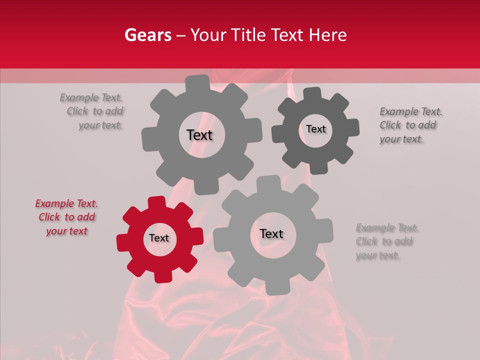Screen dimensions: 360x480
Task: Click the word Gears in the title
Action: click(147, 35)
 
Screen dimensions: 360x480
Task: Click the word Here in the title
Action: click(328, 35)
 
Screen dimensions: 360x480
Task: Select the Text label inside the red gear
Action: click(159, 238)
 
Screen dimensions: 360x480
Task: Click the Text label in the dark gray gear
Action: click(315, 129)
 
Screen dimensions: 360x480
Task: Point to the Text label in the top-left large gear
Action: click(199, 135)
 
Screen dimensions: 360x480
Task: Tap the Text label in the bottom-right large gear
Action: click(271, 234)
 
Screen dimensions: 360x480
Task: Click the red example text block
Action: click(66, 217)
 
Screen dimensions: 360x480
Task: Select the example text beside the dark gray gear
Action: click(410, 125)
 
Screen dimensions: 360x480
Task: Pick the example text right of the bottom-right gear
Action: click(387, 242)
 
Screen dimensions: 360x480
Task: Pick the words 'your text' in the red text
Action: click(66, 231)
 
